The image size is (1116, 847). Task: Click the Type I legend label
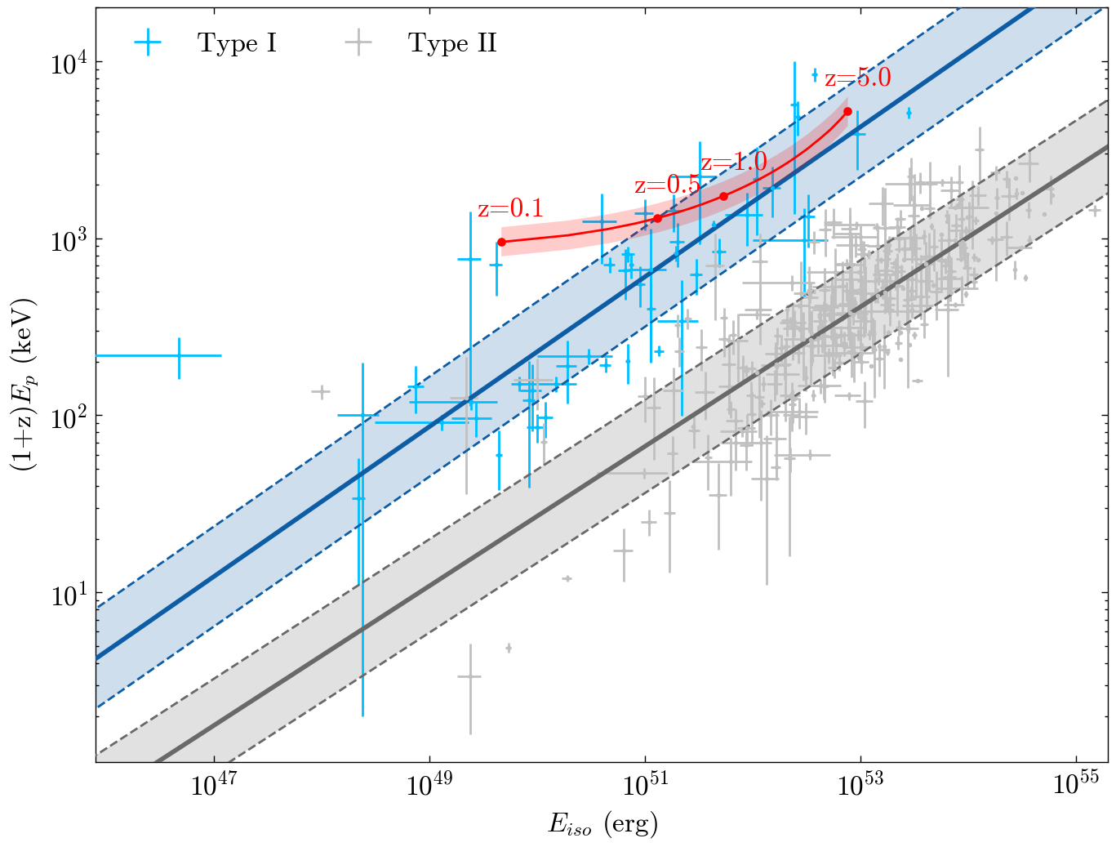pyautogui.click(x=237, y=43)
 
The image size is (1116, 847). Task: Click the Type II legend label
pyautogui.click(x=452, y=43)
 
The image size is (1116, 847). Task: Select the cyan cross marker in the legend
pyautogui.click(x=148, y=43)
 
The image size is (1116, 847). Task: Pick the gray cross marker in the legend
pyautogui.click(x=358, y=43)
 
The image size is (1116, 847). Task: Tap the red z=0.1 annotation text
pyautogui.click(x=510, y=209)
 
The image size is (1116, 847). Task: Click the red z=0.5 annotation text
pyautogui.click(x=667, y=185)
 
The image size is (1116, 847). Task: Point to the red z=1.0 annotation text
pyautogui.click(x=734, y=162)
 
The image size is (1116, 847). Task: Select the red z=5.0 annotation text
pyautogui.click(x=857, y=78)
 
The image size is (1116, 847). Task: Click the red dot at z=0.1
pyautogui.click(x=501, y=242)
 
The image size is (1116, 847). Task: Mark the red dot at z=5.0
pyautogui.click(x=847, y=111)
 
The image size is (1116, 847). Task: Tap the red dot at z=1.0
pyautogui.click(x=723, y=196)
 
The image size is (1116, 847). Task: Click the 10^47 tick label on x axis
pyautogui.click(x=214, y=786)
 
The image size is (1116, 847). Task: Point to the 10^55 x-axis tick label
pyautogui.click(x=1076, y=786)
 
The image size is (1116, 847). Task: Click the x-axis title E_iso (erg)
pyautogui.click(x=602, y=825)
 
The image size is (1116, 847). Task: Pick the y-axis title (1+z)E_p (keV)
pyautogui.click(x=23, y=384)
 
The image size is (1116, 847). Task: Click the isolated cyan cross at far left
pyautogui.click(x=179, y=355)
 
